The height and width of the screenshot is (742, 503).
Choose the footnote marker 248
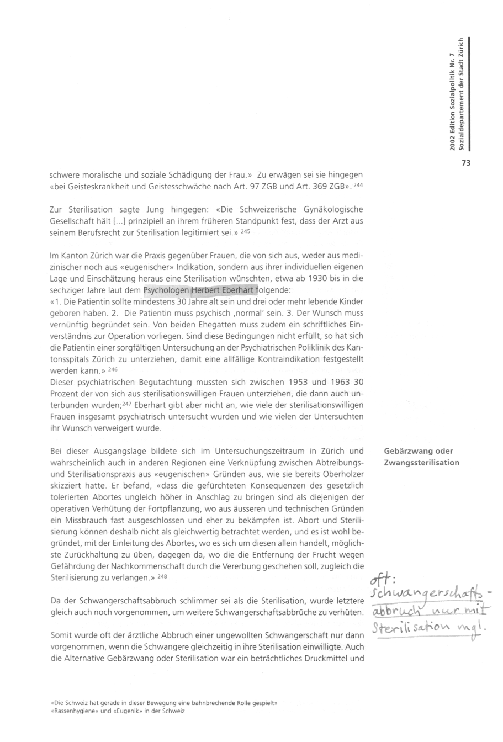162,576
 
